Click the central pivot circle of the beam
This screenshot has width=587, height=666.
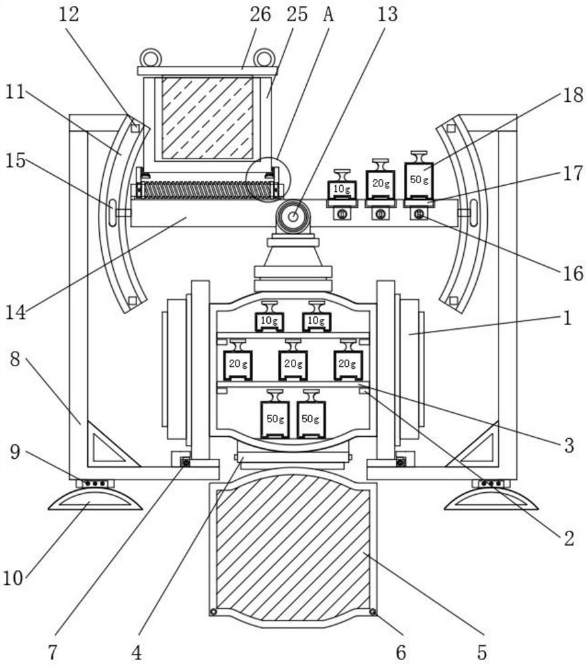tap(293, 216)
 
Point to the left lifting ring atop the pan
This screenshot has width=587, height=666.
tap(149, 58)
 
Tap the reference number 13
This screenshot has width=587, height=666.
tap(387, 14)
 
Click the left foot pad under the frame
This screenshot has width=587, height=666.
tap(95, 499)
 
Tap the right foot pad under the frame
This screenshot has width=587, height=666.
tap(491, 499)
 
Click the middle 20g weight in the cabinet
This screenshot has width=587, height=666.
tap(293, 360)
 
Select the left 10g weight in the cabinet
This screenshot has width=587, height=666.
tap(269, 316)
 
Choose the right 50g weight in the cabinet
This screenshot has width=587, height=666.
tap(311, 414)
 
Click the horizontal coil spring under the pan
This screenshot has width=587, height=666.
tap(208, 190)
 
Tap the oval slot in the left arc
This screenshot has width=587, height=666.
tap(112, 212)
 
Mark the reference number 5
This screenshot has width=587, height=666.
tap(482, 652)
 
